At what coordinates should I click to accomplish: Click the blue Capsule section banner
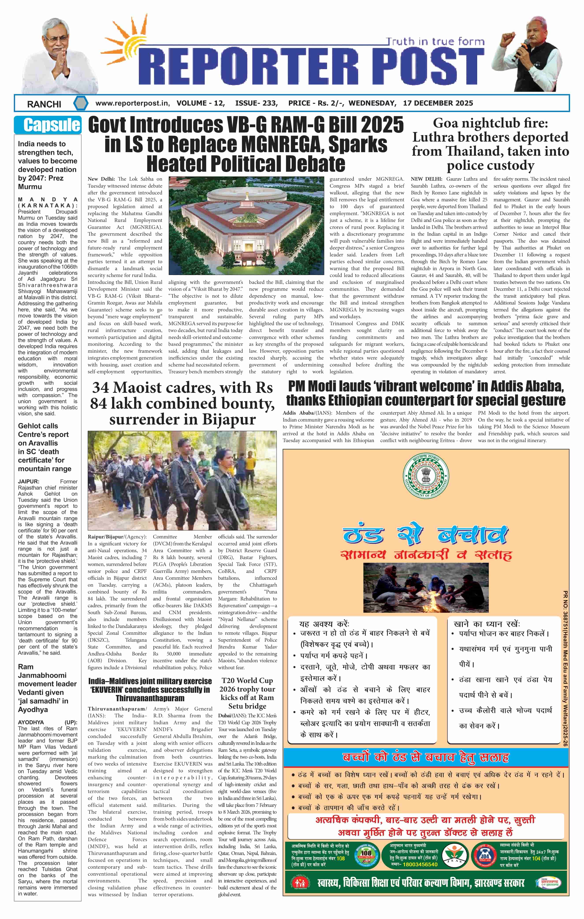click(x=48, y=125)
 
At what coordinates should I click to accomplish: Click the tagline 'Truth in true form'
click(x=435, y=41)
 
